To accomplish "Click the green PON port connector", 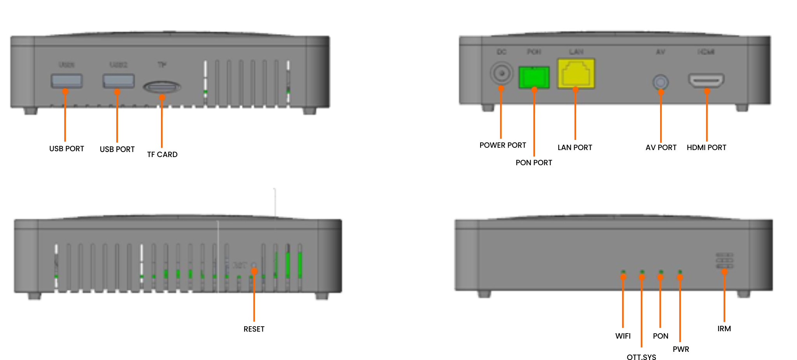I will (x=534, y=77).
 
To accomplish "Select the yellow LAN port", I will (x=576, y=74).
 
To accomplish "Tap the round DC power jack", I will (x=501, y=73).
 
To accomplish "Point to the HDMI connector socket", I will (x=706, y=80).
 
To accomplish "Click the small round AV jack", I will (x=660, y=82).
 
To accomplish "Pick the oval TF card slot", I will (x=162, y=87).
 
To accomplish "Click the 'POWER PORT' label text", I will (x=503, y=145).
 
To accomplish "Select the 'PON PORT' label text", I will (x=534, y=163).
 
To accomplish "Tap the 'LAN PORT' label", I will (x=575, y=147).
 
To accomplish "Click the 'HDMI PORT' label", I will (x=706, y=147).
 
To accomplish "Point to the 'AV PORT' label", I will (x=661, y=147).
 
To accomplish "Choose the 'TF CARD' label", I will (x=162, y=154).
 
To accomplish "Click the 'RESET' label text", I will (x=254, y=329).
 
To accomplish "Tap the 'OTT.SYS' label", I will (x=641, y=357).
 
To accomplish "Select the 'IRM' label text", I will (x=724, y=329).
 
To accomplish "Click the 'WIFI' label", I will (x=623, y=336).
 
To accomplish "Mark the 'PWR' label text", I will (x=681, y=349).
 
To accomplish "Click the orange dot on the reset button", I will (x=254, y=271).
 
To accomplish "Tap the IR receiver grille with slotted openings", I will (x=724, y=260).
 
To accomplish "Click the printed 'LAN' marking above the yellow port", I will (x=576, y=52).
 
